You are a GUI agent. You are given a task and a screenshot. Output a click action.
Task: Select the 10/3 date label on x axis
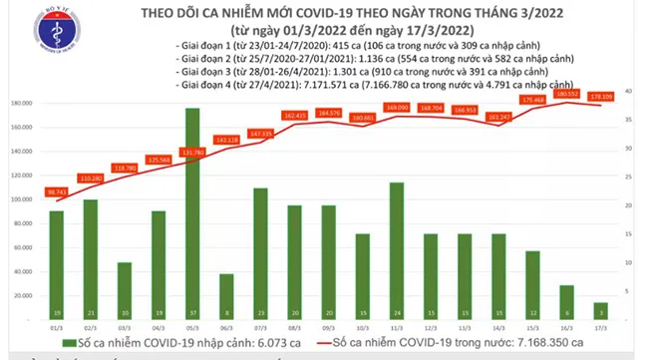361,328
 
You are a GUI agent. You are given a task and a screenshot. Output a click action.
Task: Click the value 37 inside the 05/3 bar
191,312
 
